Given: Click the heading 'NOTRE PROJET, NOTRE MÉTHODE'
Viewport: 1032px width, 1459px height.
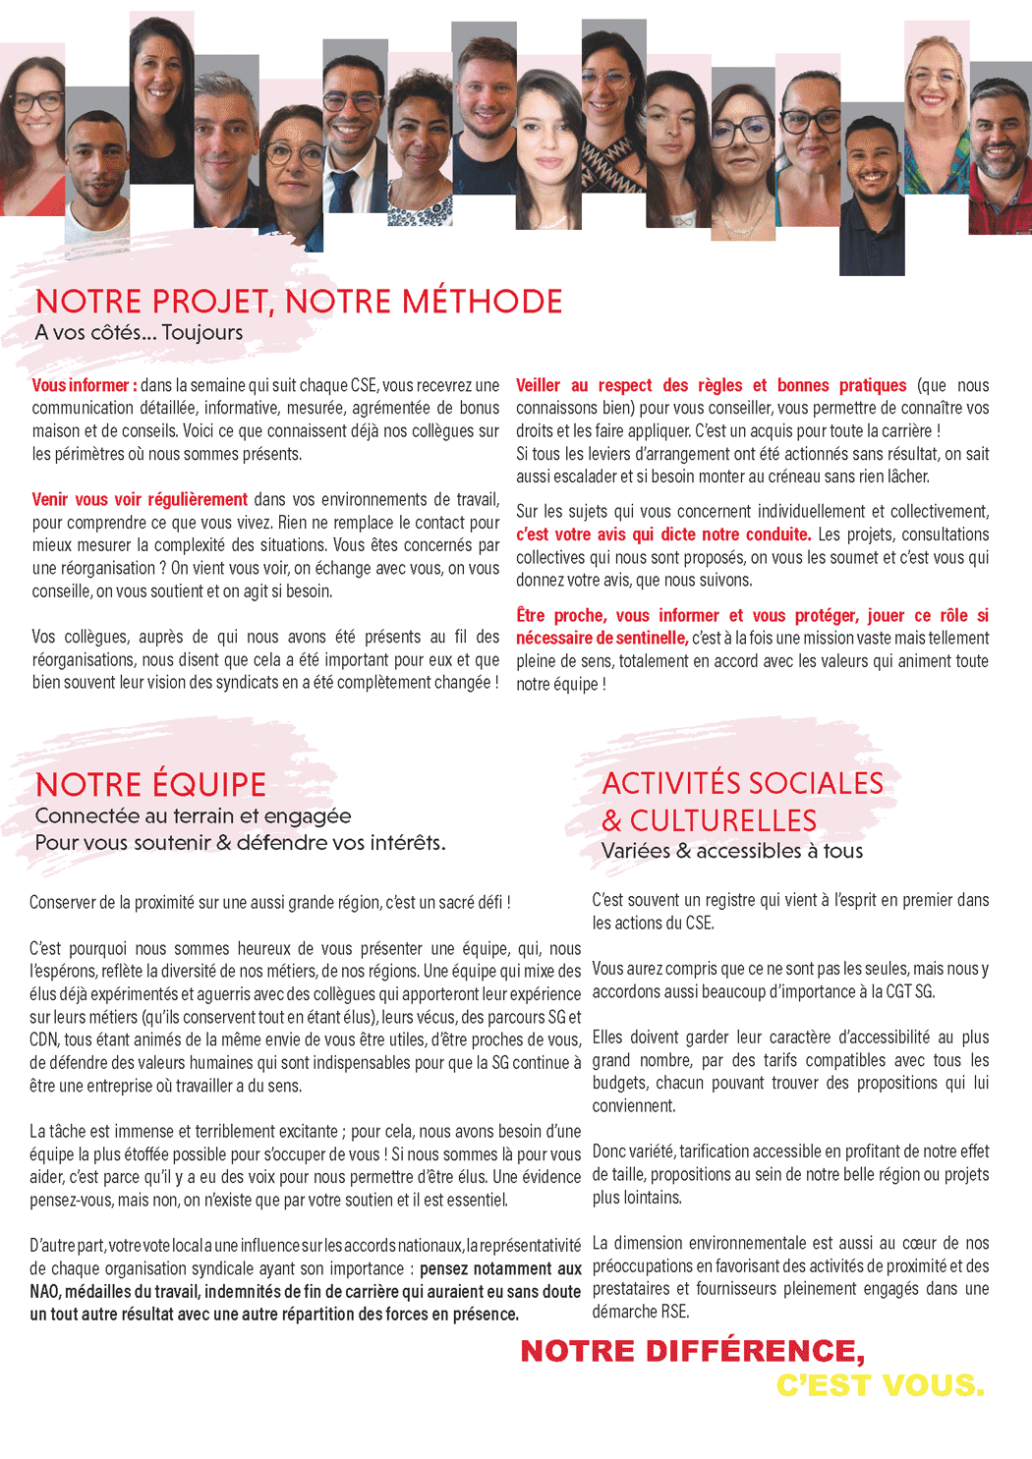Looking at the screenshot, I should (x=299, y=301).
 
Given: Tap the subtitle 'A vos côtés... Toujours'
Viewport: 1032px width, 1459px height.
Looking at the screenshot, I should (x=139, y=333).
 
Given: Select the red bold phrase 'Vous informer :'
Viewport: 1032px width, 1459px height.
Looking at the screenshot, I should (x=85, y=385).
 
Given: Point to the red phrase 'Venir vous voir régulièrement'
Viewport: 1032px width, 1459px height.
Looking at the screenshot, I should (x=140, y=499).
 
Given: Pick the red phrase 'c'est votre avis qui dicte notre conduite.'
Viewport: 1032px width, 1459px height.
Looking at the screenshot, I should (x=663, y=534).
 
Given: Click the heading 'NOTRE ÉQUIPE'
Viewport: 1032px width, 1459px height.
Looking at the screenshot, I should (x=150, y=785).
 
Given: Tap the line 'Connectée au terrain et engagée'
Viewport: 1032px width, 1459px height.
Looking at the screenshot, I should (x=193, y=815).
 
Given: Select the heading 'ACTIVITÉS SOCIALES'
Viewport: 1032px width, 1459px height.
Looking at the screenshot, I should (x=742, y=783).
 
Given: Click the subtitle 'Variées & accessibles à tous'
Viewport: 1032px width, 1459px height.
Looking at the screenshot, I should (x=732, y=851).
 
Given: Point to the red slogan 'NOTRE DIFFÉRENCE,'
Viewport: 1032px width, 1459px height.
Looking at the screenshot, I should (x=692, y=1351).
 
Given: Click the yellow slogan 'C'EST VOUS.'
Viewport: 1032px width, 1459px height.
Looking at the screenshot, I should (x=880, y=1385).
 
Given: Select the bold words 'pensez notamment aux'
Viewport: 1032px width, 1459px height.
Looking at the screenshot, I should (x=500, y=1268).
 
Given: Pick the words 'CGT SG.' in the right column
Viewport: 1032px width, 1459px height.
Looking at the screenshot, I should (x=910, y=991).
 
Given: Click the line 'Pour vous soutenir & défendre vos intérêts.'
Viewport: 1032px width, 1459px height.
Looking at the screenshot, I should (x=240, y=843).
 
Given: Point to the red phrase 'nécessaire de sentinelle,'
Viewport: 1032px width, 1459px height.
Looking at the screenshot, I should (x=602, y=639).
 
